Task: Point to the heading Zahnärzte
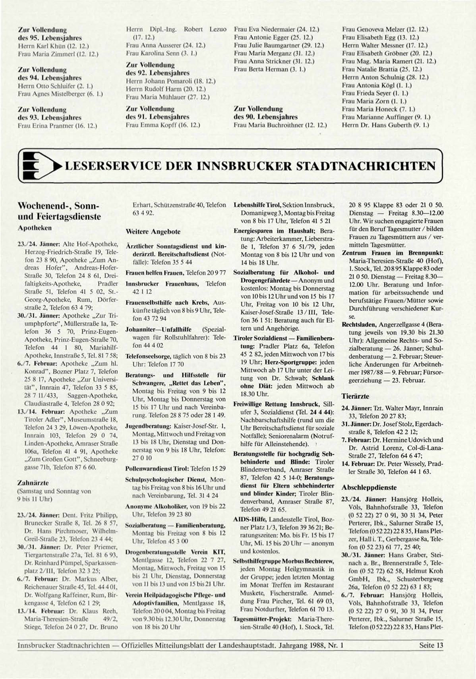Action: (x=33, y=483)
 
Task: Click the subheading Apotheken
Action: (x=35, y=228)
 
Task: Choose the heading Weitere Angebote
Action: (x=153, y=231)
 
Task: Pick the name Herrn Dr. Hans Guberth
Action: (x=385, y=125)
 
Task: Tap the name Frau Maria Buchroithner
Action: (x=280, y=125)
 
